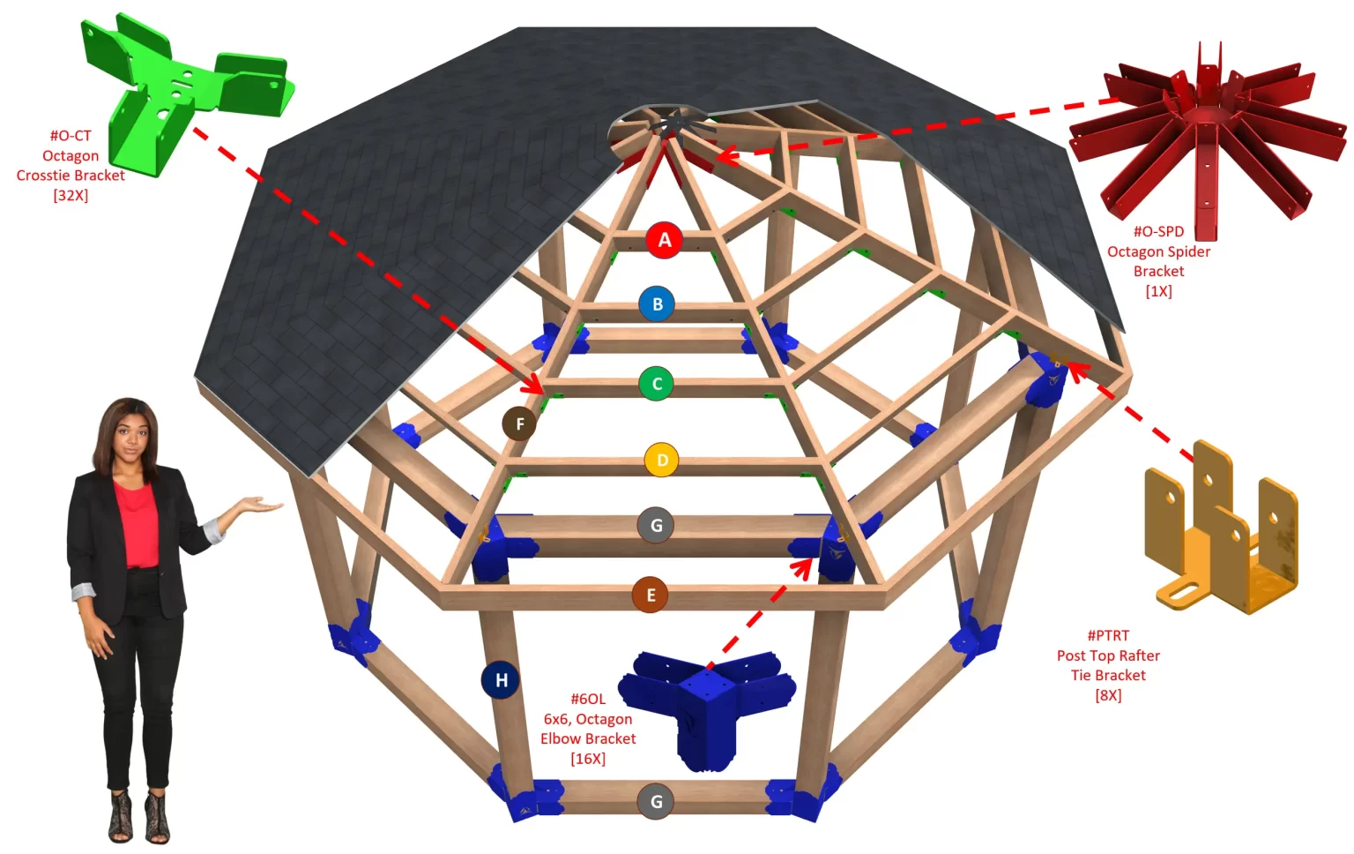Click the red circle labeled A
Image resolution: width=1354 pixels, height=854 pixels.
click(x=665, y=240)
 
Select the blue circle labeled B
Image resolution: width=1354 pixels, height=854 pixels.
click(x=657, y=304)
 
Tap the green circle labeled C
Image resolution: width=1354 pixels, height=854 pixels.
click(x=656, y=384)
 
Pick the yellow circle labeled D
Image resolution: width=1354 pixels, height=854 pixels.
click(x=662, y=460)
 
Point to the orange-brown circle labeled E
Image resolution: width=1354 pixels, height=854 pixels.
click(x=651, y=595)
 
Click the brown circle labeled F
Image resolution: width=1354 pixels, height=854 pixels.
click(x=520, y=424)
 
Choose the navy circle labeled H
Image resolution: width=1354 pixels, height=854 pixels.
click(x=500, y=680)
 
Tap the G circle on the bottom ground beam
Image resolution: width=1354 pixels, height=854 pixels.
click(x=656, y=802)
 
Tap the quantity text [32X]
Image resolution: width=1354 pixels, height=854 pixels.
click(x=71, y=196)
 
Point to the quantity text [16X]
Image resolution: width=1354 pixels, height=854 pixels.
click(x=588, y=759)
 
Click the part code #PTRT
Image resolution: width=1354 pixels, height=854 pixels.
click(x=1108, y=635)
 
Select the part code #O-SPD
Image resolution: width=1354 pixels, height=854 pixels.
click(x=1158, y=231)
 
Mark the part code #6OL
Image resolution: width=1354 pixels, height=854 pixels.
click(x=588, y=699)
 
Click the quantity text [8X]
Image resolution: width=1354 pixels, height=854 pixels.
click(x=1108, y=695)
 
